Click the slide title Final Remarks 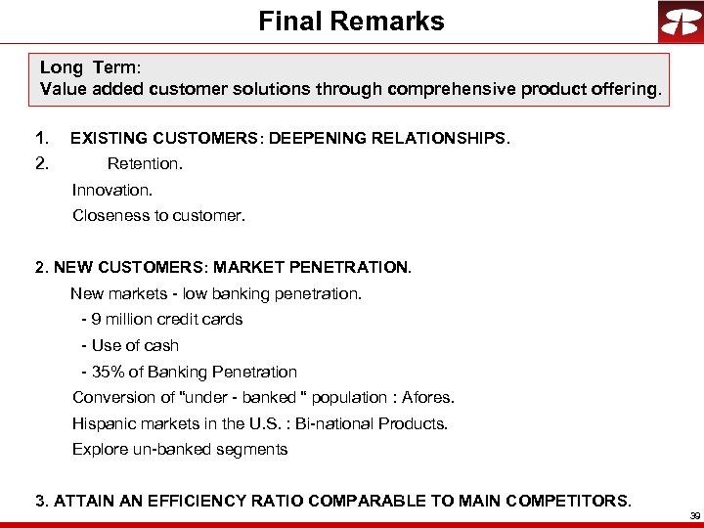click(351, 22)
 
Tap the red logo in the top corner click(680, 22)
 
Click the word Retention click(145, 163)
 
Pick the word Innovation click(112, 190)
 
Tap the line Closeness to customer click(158, 215)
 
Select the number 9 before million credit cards click(97, 319)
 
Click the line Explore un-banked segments click(180, 449)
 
